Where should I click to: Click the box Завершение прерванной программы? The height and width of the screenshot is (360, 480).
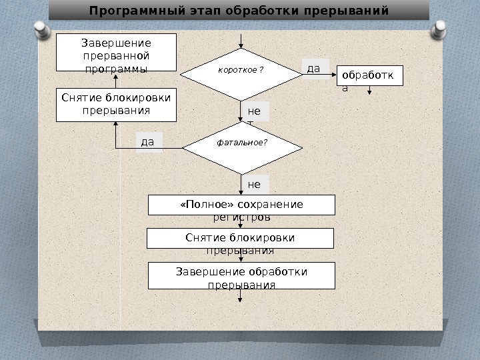pos(117,52)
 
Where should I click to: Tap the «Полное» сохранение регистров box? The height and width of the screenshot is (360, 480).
pos(241,205)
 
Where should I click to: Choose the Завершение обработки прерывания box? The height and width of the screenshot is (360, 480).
pos(241,275)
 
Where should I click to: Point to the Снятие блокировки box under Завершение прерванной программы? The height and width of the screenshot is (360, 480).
pos(117,105)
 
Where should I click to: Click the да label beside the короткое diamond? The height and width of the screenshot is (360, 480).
pos(313,68)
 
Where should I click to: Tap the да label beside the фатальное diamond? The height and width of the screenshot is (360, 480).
pos(148,141)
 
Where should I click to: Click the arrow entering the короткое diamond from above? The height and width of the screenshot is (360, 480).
pos(242,40)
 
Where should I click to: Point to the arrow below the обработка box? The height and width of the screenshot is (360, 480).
pos(369,93)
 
